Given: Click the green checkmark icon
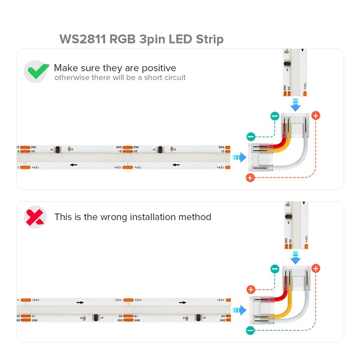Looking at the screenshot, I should point(36,71).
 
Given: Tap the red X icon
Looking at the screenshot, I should point(35,217).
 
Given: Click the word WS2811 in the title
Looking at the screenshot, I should point(83,39).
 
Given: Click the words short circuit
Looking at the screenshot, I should point(165,78).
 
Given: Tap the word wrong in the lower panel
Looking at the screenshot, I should point(113,217).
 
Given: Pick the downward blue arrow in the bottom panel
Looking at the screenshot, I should point(295,258).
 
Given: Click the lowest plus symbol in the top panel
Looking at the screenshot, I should point(251,178).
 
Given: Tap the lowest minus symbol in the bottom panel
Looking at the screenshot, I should point(251,331).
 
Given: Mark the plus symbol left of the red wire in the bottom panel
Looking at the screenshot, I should point(251,289).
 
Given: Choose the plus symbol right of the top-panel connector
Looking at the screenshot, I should point(316,116).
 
